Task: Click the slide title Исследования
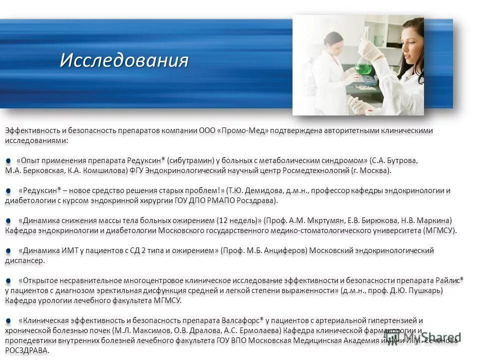124,60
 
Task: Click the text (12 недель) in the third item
238,220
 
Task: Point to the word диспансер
25,260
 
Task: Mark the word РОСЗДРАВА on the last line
27,350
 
